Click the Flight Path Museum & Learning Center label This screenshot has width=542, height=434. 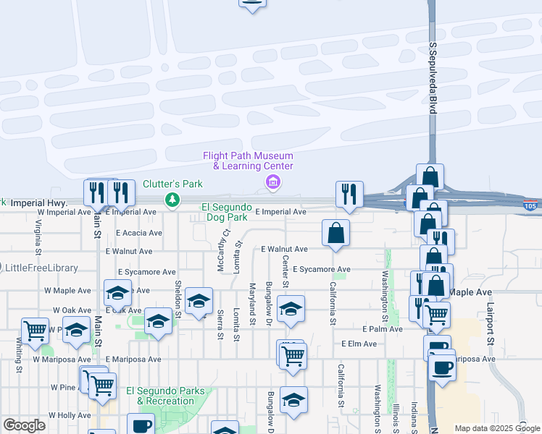[x=248, y=161]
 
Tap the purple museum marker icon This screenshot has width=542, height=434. [x=272, y=181]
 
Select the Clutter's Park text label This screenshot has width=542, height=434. [x=172, y=184]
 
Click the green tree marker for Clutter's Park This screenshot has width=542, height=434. [x=172, y=199]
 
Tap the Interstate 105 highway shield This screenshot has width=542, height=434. [x=531, y=207]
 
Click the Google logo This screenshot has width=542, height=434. [x=24, y=425]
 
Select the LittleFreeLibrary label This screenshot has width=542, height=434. [x=41, y=268]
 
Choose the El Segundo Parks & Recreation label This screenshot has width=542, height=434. [x=165, y=396]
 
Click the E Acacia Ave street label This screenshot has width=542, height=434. [x=139, y=233]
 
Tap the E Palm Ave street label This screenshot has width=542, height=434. [x=382, y=328]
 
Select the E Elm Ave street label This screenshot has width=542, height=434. [x=359, y=344]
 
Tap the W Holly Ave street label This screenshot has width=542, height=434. [x=70, y=415]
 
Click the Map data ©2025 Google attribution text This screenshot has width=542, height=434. [x=497, y=428]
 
